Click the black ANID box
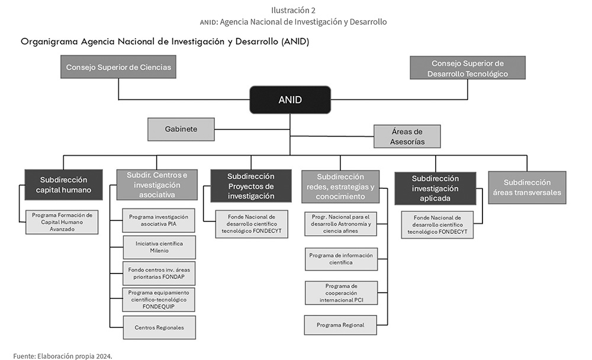(290, 99)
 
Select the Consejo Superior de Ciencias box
(118, 67)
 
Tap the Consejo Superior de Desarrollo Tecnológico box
(468, 68)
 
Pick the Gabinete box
(181, 129)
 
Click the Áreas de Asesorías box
(407, 136)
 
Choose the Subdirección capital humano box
(63, 185)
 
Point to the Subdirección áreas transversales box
(527, 187)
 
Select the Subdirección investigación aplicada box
(435, 188)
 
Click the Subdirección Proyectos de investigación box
(250, 186)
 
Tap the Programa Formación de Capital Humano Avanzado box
(62, 222)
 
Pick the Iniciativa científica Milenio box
(159, 247)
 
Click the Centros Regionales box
(159, 327)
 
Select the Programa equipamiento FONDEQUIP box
(159, 300)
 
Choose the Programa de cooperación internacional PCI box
(342, 292)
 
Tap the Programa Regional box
(340, 325)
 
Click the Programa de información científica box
(341, 259)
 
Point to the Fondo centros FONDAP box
(159, 273)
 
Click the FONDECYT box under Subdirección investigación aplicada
(437, 225)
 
